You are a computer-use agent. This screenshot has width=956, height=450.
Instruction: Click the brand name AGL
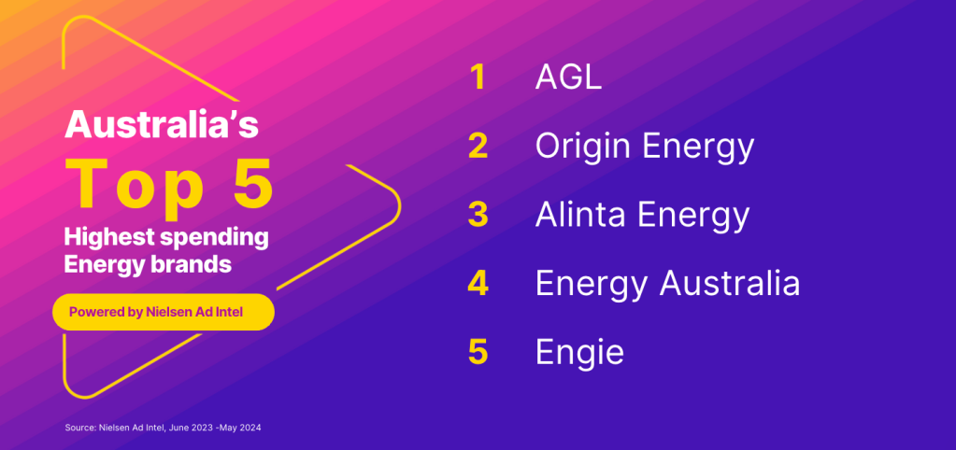click(x=568, y=77)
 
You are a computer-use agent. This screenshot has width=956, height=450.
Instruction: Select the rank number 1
click(x=478, y=77)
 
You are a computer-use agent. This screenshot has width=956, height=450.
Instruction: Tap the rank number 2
click(x=478, y=147)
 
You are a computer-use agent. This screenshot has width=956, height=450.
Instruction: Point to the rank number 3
click(x=478, y=215)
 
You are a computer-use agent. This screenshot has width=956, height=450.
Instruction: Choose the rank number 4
click(x=478, y=284)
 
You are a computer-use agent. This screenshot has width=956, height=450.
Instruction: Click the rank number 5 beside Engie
click(x=478, y=353)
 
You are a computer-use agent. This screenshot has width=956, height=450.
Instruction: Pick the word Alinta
click(x=578, y=215)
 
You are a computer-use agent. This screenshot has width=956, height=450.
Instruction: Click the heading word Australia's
click(x=162, y=124)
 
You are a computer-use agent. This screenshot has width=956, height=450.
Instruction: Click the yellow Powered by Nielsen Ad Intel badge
click(x=164, y=312)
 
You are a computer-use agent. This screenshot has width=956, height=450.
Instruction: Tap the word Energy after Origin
click(x=692, y=148)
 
